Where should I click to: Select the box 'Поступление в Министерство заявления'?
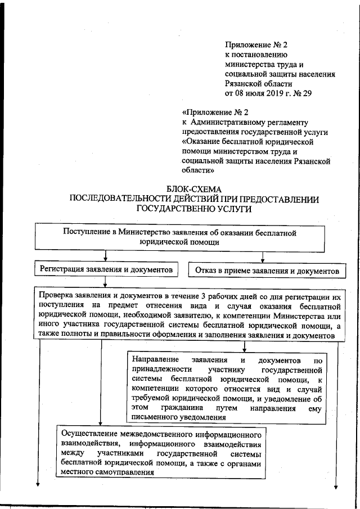click(179, 236)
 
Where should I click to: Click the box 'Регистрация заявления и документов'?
click(106, 270)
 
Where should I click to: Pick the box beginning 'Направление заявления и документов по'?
click(226, 388)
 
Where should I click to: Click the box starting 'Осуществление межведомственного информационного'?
click(161, 454)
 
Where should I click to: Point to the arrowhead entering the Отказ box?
click(263, 260)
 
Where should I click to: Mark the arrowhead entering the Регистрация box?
click(105, 260)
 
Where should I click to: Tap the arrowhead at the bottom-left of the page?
click(39, 488)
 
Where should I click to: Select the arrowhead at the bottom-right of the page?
click(337, 488)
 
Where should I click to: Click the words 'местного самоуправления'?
click(105, 473)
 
